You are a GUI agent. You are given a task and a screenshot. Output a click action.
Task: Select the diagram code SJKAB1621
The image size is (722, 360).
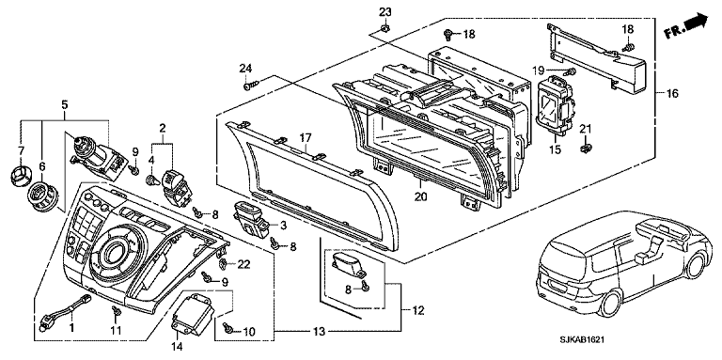[x=582, y=339]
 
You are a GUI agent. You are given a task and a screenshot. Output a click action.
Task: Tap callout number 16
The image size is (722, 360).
[x=672, y=93]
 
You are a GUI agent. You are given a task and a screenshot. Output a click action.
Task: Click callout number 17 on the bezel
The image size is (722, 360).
[x=306, y=137]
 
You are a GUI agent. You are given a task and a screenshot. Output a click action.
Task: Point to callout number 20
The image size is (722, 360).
[x=420, y=196]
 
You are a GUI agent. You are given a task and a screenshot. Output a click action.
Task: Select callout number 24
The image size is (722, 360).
[x=245, y=69]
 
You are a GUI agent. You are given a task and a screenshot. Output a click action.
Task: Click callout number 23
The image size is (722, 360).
[x=385, y=12]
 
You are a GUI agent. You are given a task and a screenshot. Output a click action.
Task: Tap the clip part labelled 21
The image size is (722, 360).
[x=586, y=149]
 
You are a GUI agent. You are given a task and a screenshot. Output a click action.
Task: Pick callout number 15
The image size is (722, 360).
[x=556, y=149]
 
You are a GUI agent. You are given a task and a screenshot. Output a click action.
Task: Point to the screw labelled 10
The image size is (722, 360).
[x=227, y=327]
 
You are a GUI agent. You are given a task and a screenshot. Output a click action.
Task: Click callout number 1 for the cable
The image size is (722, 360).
[x=71, y=328]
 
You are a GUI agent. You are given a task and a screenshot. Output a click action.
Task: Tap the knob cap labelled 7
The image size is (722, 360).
[x=19, y=175]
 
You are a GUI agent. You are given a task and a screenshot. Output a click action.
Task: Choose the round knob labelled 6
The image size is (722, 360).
[x=42, y=197]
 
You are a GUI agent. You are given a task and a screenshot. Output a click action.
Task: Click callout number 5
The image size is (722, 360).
[x=65, y=105]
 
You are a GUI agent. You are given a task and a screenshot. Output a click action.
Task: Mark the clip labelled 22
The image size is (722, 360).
[x=223, y=264]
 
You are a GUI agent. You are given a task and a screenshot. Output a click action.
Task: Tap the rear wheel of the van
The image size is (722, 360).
[x=611, y=305]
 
